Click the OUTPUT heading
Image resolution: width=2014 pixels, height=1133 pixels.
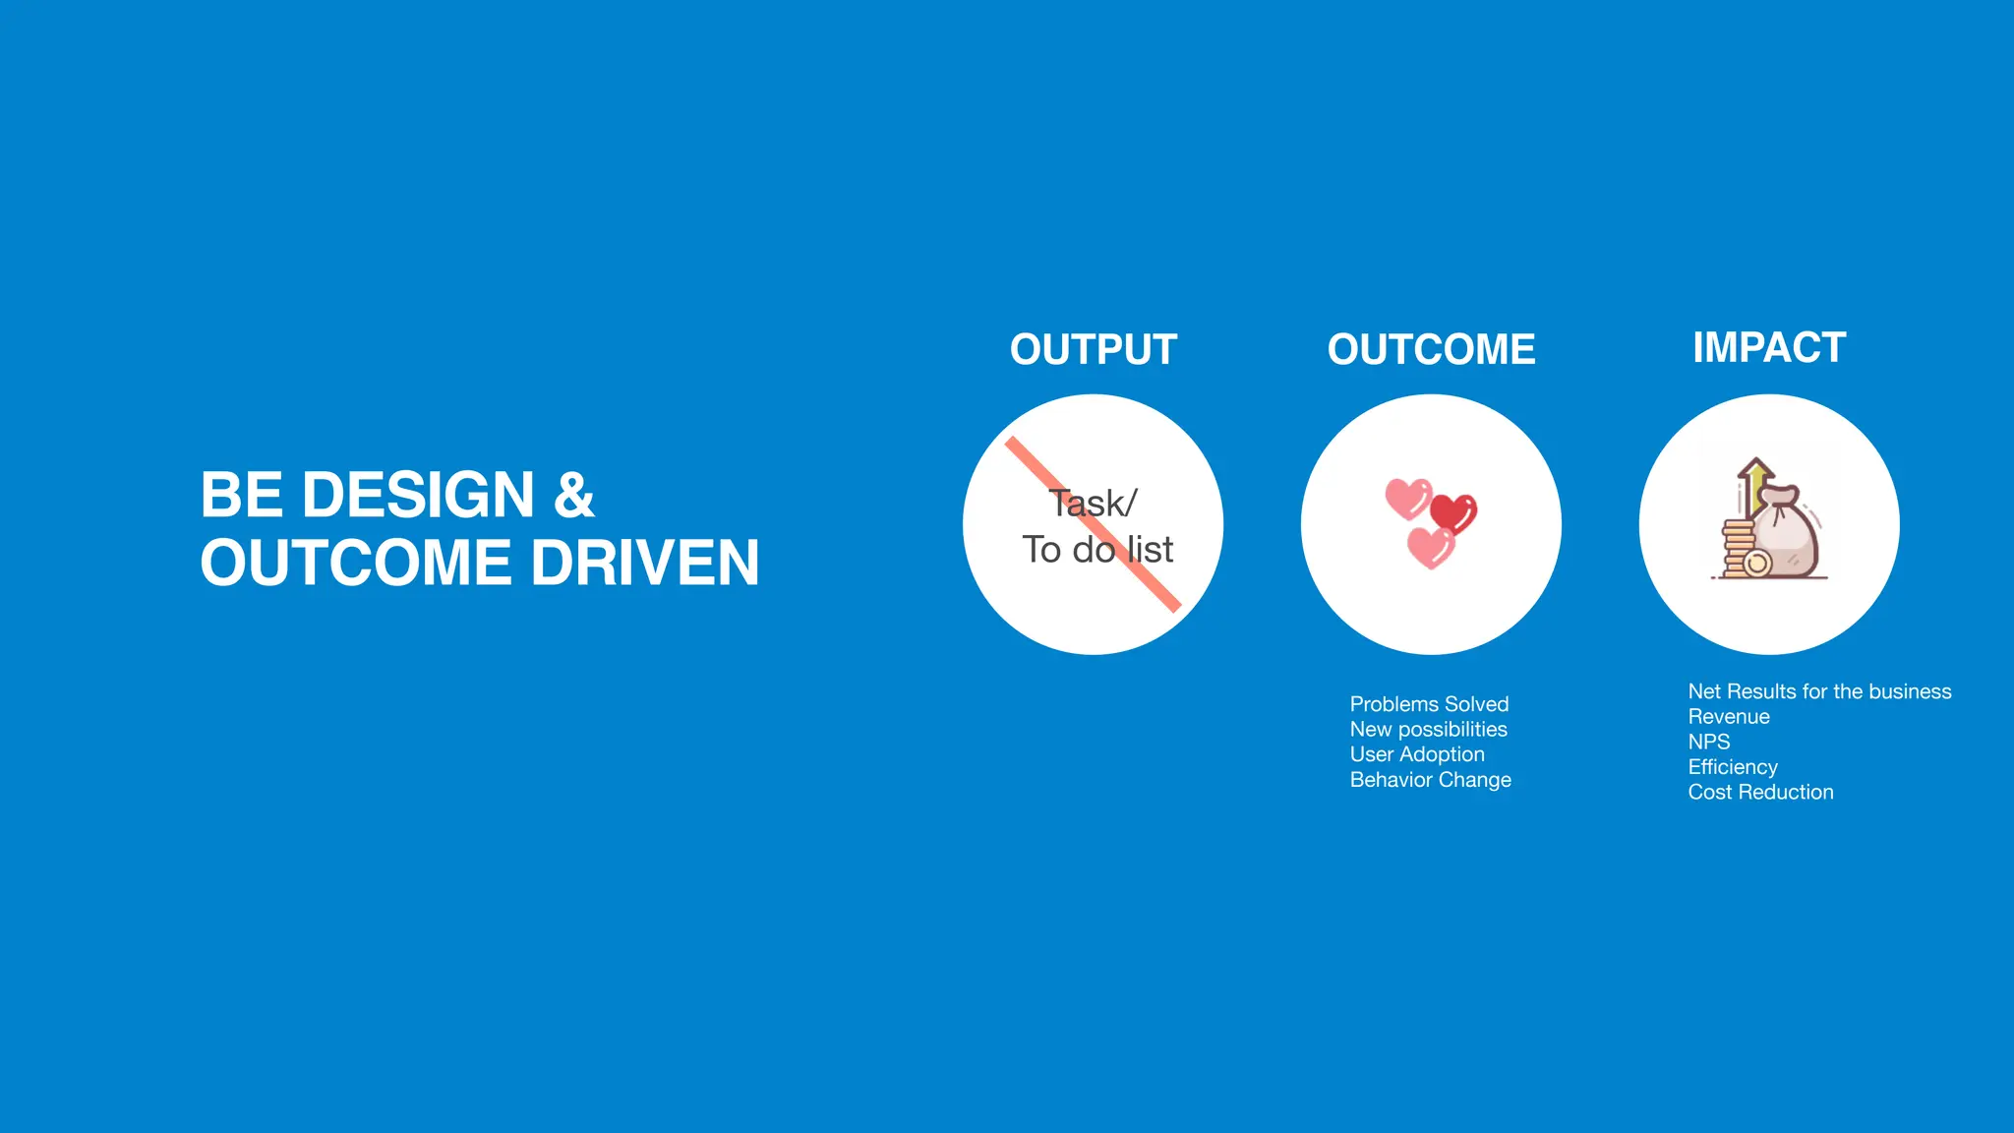click(x=1093, y=350)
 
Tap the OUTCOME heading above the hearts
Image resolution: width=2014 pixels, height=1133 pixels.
click(x=1431, y=350)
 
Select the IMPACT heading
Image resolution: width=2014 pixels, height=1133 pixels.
click(x=1769, y=347)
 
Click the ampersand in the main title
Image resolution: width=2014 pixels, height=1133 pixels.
click(x=574, y=495)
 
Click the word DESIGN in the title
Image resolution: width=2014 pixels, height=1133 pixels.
click(x=418, y=495)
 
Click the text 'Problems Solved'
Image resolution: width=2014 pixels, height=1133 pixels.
click(x=1429, y=704)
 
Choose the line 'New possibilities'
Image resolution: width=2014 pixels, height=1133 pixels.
click(x=1428, y=730)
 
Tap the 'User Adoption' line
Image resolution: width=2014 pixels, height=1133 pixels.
click(x=1417, y=754)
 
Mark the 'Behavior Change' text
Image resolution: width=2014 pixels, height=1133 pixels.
click(x=1430, y=780)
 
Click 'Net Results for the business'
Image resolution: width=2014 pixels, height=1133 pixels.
click(x=1819, y=691)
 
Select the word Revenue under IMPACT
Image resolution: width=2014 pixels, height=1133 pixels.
click(x=1729, y=717)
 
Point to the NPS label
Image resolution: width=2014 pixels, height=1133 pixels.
click(x=1709, y=742)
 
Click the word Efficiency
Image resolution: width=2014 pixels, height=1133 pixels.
click(x=1733, y=767)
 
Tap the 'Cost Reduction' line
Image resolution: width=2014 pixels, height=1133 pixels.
click(x=1760, y=793)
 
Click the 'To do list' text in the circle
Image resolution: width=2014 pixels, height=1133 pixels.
click(x=1097, y=550)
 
